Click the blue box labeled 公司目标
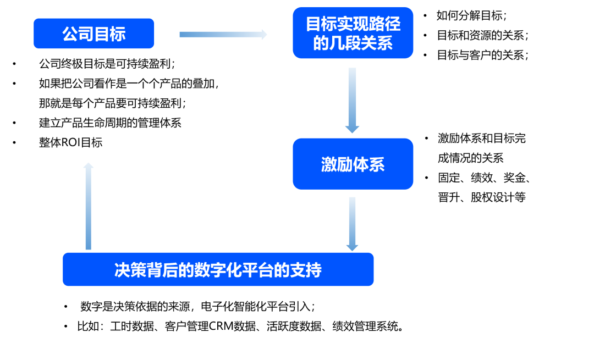pos(94,34)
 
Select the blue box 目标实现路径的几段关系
pos(353,33)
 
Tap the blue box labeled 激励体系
pos(353,164)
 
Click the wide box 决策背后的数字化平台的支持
pos(218,269)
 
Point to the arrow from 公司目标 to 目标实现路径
pos(223,35)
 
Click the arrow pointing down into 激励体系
pos(352,100)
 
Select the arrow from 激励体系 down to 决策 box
pos(352,224)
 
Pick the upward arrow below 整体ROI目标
pos(89,206)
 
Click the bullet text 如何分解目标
pos(471,15)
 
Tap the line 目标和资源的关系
pos(482,35)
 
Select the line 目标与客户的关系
pos(482,55)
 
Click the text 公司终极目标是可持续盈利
pos(107,64)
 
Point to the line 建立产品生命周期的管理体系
pos(110,123)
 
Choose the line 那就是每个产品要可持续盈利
pos(112,103)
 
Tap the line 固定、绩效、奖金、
pos(484,178)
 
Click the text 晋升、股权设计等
pos(482,197)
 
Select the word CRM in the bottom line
pos(221,326)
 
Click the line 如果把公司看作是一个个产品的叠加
pos(129,84)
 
